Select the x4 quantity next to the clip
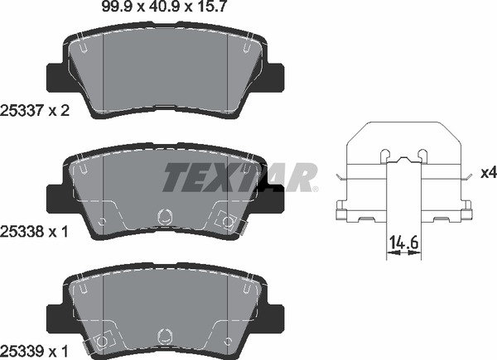pyautogui.click(x=487, y=175)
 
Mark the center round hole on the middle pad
pyautogui.click(x=164, y=216)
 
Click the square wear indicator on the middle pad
pyautogui.click(x=224, y=221)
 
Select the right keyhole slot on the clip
pyautogui.click(x=423, y=154)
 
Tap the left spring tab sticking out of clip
pyautogui.click(x=341, y=177)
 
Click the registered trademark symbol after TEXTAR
pyautogui.click(x=315, y=189)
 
